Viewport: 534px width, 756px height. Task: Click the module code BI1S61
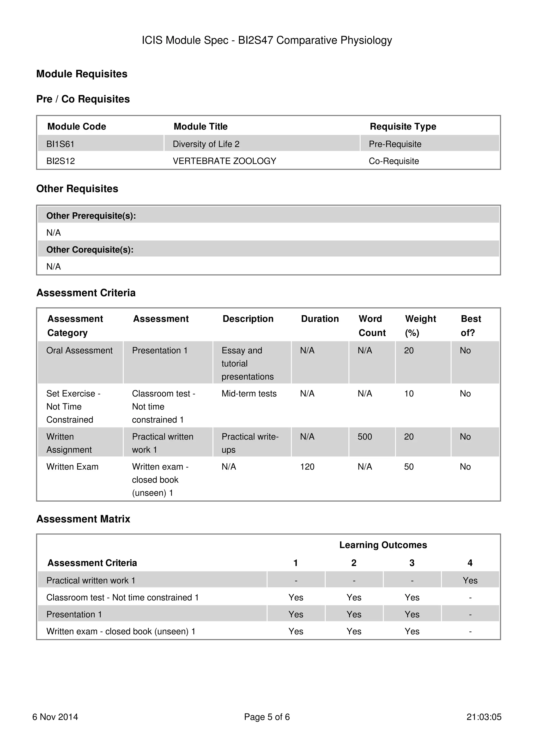pyautogui.click(x=60, y=144)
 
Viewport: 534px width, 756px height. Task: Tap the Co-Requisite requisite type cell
pyautogui.click(x=393, y=161)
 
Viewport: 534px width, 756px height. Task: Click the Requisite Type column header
pyautogui.click(x=403, y=127)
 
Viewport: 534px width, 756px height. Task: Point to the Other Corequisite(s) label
pyautogui.click(x=90, y=250)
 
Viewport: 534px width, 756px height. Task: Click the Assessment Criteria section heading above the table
pyautogui.click(x=86, y=293)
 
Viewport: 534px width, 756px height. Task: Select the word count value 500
pyautogui.click(x=365, y=437)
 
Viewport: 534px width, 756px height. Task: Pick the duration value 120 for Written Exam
pyautogui.click(x=307, y=467)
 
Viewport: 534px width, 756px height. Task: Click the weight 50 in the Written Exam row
pyautogui.click(x=409, y=467)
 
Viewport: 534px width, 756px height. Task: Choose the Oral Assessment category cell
pyautogui.click(x=79, y=350)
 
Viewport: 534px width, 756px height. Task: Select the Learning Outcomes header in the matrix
pyautogui.click(x=383, y=545)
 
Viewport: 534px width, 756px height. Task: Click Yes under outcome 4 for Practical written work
pyautogui.click(x=470, y=580)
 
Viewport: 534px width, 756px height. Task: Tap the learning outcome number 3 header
pyautogui.click(x=412, y=563)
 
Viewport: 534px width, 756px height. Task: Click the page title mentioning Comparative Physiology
pyautogui.click(x=267, y=40)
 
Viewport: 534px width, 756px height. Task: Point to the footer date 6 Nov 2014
pyautogui.click(x=55, y=717)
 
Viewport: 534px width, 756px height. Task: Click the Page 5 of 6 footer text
pyautogui.click(x=267, y=717)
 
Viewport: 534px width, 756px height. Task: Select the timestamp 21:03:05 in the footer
pyautogui.click(x=484, y=717)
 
